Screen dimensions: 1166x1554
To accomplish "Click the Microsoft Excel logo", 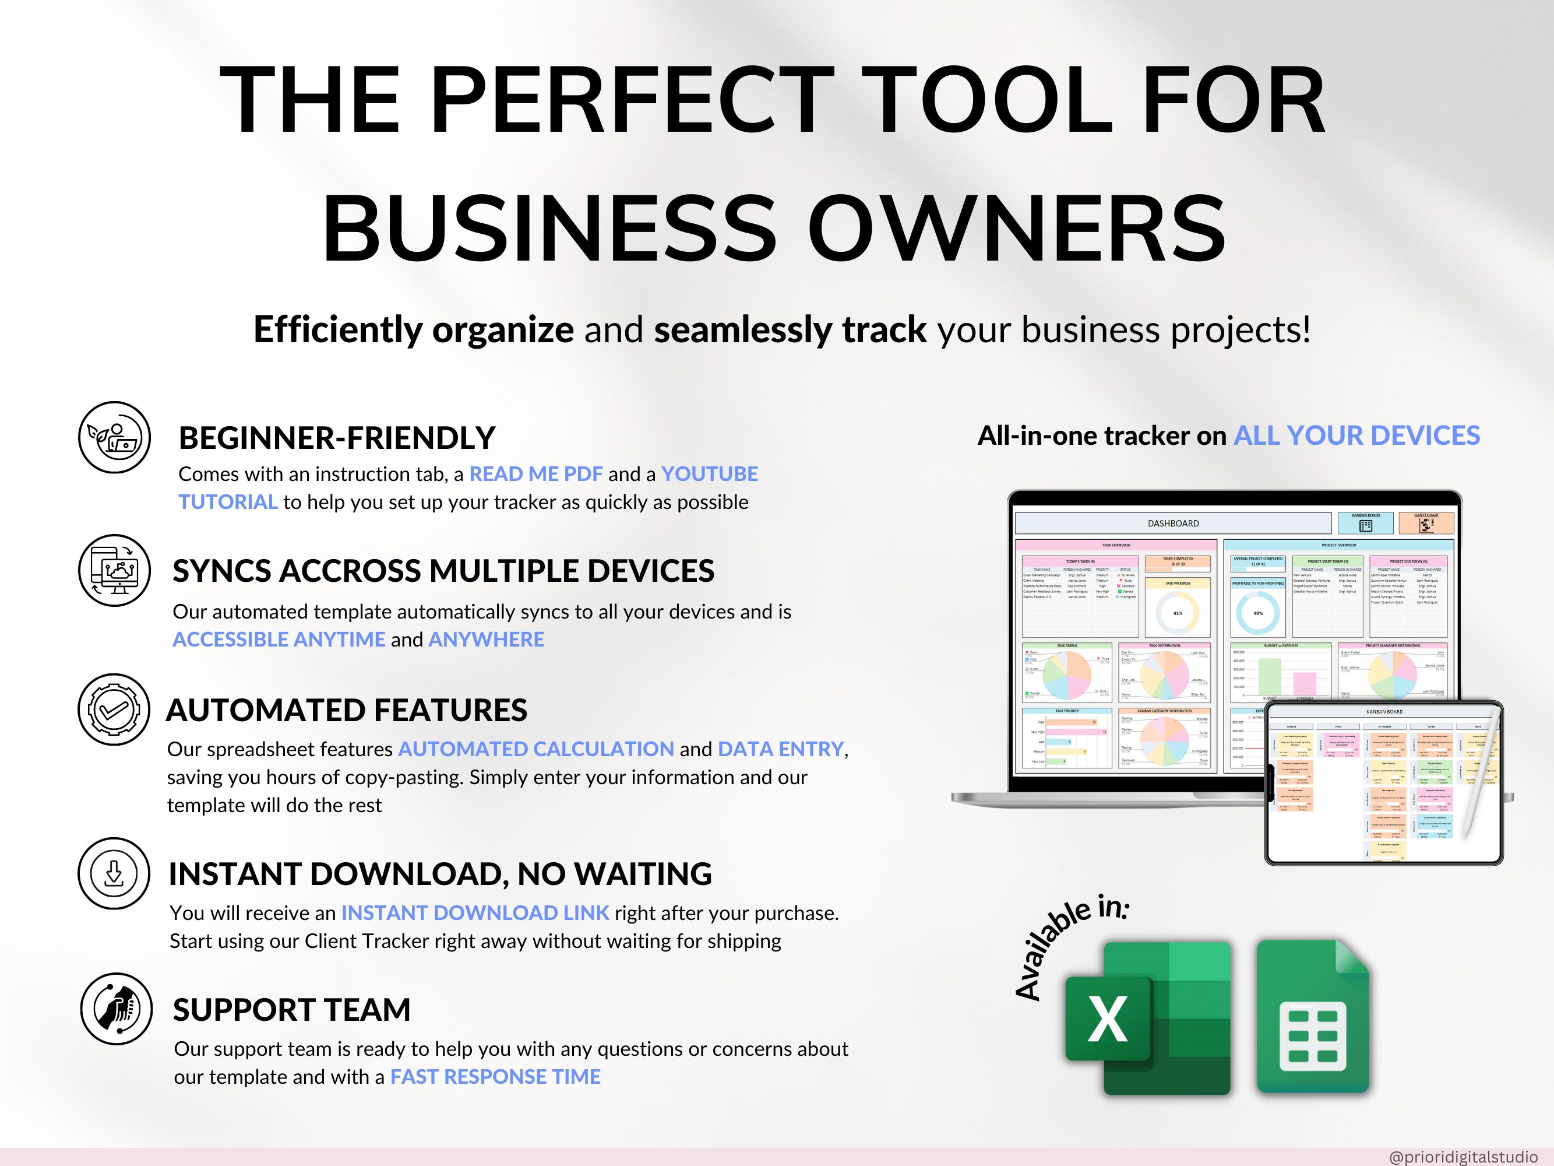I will point(1147,1018).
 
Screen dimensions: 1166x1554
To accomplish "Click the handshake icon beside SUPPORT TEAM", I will point(117,1009).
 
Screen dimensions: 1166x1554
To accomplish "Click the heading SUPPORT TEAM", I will point(291,1010).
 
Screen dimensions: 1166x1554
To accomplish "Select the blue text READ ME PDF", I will point(535,474).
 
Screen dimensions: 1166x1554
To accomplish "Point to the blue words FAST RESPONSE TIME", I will point(495,1077).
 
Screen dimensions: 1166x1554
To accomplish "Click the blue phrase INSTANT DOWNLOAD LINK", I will point(475,912).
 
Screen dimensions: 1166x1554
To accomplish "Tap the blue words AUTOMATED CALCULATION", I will point(536,749).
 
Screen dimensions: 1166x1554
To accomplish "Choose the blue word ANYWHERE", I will point(486,640).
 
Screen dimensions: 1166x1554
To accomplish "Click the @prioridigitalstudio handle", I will point(1463,1156).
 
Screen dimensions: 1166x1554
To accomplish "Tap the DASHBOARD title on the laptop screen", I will point(1174,524).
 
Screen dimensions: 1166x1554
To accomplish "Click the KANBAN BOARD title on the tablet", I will point(1384,712).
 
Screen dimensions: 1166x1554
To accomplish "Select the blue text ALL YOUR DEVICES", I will point(1356,436).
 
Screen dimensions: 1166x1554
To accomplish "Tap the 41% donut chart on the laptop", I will point(1178,613).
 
